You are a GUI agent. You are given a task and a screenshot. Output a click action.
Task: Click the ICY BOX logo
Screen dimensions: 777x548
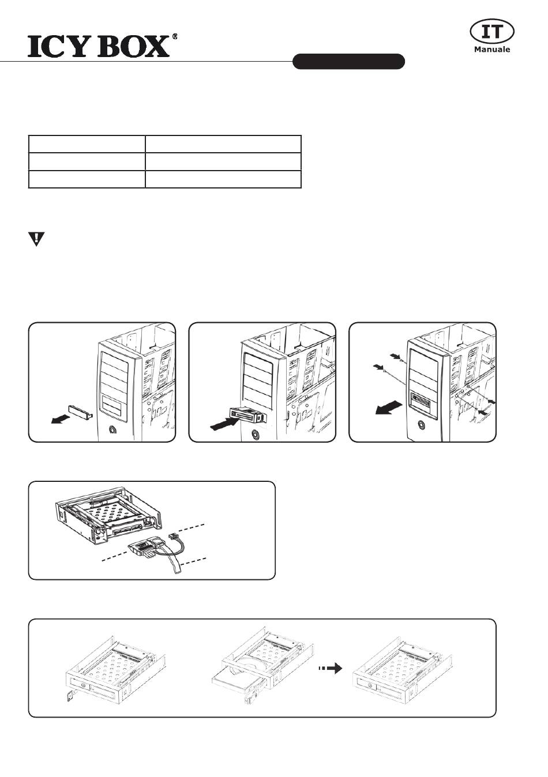99,46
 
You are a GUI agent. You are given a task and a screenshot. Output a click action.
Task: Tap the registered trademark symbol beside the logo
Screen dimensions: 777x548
174,36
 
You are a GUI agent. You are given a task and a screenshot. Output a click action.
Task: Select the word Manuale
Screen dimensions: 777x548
492,50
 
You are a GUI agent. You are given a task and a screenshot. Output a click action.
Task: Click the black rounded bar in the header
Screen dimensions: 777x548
348,61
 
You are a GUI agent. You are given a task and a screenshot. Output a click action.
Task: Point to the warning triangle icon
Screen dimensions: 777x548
36,239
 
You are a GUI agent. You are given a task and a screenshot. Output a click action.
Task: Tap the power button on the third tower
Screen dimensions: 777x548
423,425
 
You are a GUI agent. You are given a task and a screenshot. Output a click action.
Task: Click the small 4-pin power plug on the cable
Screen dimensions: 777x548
172,537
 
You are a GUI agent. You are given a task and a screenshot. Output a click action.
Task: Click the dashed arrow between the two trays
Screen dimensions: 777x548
330,669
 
